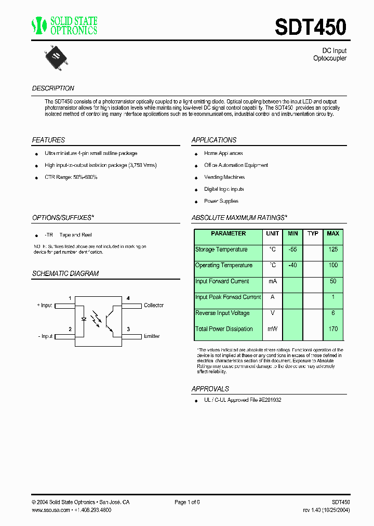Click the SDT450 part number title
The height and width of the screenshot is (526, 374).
tap(310, 27)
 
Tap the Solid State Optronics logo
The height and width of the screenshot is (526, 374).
tap(65, 25)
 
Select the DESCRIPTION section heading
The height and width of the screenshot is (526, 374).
tap(53, 88)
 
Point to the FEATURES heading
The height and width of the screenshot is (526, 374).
tap(48, 140)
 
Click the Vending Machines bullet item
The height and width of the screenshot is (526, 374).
tap(224, 177)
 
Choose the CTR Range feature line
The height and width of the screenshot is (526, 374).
tap(71, 177)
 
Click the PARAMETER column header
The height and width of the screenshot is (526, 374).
tap(228, 234)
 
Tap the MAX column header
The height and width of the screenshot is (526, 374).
tap(332, 234)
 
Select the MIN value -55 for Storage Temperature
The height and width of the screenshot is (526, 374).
tap(293, 249)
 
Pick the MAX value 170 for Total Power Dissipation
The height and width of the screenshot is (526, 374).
tap(333, 329)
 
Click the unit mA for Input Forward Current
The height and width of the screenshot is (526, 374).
tap(273, 281)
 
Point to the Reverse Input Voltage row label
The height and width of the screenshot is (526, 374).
tap(222, 313)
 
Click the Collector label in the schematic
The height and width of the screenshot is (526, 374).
tap(154, 306)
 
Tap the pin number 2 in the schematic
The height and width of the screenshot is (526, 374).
tap(70, 329)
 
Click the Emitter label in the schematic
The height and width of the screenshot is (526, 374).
tap(152, 336)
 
